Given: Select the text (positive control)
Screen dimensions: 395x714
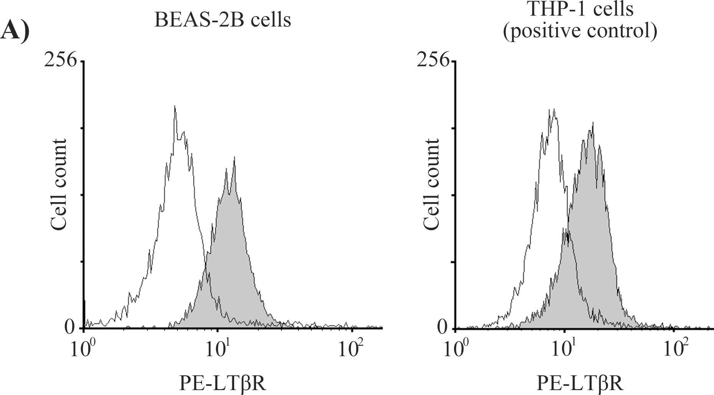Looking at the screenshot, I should click(x=580, y=31).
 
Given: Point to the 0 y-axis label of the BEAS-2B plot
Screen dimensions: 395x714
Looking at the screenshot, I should click(x=69, y=327).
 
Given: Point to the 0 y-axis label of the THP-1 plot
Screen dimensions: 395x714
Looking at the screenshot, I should click(x=442, y=327).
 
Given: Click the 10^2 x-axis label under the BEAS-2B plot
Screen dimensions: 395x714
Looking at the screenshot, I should click(x=351, y=349).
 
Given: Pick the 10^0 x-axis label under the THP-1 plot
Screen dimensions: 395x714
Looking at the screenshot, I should click(x=455, y=349).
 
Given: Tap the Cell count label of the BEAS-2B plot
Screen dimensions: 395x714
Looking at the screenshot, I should click(x=59, y=185).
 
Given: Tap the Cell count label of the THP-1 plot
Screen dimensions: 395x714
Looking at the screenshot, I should click(x=431, y=185).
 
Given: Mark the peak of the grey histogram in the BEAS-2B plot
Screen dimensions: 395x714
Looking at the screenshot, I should click(x=234, y=158).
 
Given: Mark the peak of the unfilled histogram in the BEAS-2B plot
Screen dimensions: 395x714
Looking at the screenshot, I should click(x=175, y=106).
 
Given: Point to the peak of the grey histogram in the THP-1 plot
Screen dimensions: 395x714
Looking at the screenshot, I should click(x=593, y=124).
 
